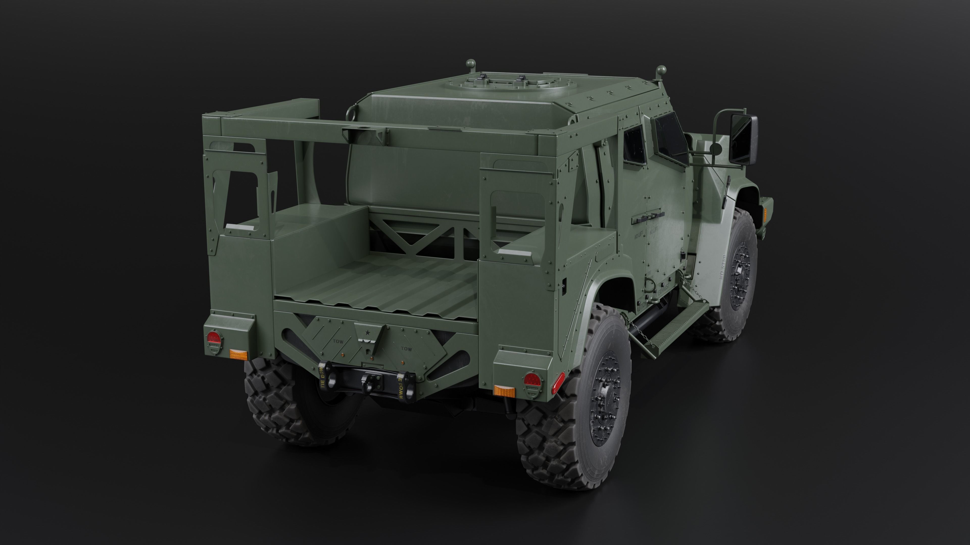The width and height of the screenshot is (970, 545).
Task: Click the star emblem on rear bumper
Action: point(366,333)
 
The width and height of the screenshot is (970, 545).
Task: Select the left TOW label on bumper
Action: point(338,342)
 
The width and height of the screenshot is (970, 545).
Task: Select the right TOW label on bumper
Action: point(406,349)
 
